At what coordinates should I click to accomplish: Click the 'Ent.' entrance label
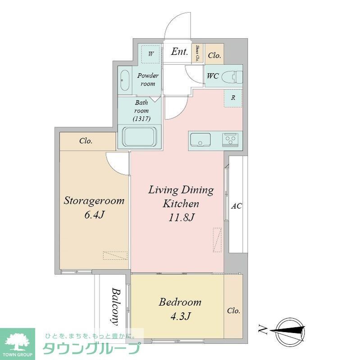tap(179, 52)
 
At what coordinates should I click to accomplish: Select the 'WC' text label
tap(213, 76)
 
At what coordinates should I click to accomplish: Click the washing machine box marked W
tap(151, 54)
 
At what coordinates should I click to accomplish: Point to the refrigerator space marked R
tap(233, 98)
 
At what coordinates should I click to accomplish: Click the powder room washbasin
tap(125, 80)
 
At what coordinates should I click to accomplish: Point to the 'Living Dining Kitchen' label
tap(181, 197)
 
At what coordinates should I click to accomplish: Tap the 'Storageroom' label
tap(93, 201)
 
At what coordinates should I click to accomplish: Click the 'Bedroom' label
tap(180, 302)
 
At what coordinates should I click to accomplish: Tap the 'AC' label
tap(237, 207)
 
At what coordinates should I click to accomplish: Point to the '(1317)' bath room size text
tap(141, 118)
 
